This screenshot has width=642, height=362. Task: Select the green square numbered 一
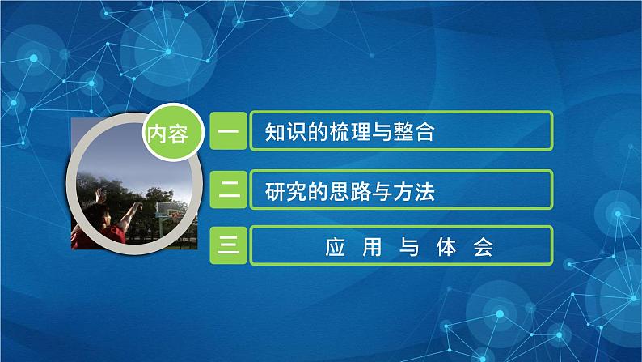click(x=229, y=132)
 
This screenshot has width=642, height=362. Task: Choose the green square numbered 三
click(x=229, y=246)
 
